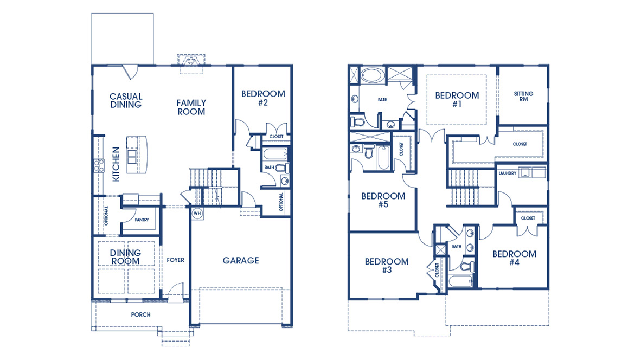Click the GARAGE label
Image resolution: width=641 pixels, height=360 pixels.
click(241, 261)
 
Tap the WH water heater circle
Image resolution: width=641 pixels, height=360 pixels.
click(196, 213)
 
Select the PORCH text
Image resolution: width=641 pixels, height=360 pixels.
click(140, 314)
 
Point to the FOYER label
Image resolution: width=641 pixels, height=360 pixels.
click(175, 260)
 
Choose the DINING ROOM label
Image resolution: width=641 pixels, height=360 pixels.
click(126, 257)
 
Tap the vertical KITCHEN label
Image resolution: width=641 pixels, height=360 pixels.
click(115, 164)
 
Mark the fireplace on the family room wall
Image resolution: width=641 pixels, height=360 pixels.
click(190, 61)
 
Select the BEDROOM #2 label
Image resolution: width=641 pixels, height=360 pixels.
click(263, 98)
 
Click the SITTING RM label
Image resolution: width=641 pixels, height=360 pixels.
click(523, 97)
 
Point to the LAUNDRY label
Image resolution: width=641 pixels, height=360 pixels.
click(507, 173)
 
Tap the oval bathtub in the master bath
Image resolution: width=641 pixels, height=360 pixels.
click(372, 75)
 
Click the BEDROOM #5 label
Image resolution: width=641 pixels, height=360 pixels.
click(383, 201)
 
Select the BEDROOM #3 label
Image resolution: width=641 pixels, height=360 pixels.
click(387, 266)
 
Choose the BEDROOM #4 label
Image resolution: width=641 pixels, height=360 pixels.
click(514, 258)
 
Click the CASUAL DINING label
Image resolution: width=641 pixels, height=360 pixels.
click(126, 101)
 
